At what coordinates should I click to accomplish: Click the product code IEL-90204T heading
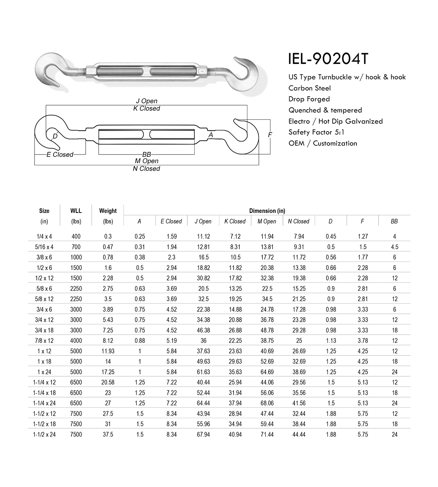(329, 59)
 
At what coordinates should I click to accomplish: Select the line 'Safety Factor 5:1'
(317, 132)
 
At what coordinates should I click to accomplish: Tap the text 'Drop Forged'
(309, 99)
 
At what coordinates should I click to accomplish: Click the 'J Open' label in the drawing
(146, 101)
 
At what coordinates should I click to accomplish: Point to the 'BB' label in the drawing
(146, 154)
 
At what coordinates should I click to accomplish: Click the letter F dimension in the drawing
(270, 135)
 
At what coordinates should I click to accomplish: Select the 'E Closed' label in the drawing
(60, 155)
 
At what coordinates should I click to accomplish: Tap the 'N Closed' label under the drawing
(146, 169)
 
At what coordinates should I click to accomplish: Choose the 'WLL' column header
(76, 211)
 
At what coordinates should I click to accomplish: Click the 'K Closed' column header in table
(235, 221)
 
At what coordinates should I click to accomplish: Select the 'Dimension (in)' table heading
(267, 211)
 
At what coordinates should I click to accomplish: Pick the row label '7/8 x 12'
(44, 341)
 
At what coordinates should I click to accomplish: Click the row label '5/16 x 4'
(44, 247)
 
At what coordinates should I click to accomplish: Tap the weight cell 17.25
(108, 372)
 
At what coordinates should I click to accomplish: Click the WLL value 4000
(76, 341)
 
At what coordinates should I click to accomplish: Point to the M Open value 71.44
(267, 434)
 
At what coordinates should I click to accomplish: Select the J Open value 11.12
(203, 237)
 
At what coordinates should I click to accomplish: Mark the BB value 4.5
(394, 247)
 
